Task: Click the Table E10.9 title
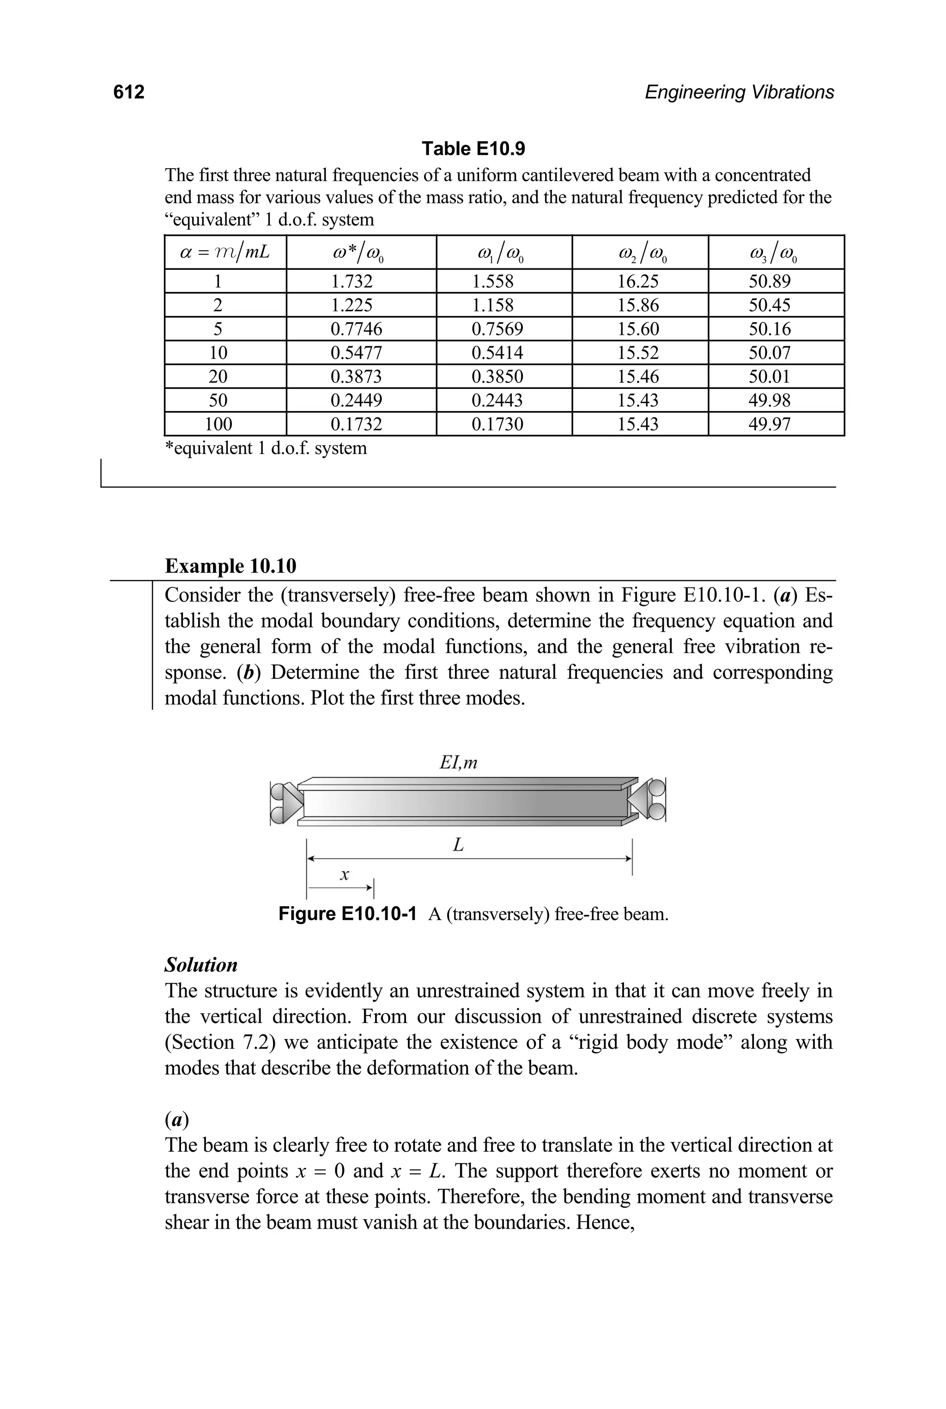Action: pos(473,148)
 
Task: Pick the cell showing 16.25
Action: pos(638,282)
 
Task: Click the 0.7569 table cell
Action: pos(497,329)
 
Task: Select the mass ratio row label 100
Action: pos(218,424)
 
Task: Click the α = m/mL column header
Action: pos(224,253)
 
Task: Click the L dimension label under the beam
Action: pos(459,846)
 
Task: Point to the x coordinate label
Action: pos(345,874)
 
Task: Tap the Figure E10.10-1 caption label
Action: pos(347,914)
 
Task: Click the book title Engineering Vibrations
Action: pos(739,92)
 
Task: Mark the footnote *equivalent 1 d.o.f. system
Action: pos(266,448)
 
